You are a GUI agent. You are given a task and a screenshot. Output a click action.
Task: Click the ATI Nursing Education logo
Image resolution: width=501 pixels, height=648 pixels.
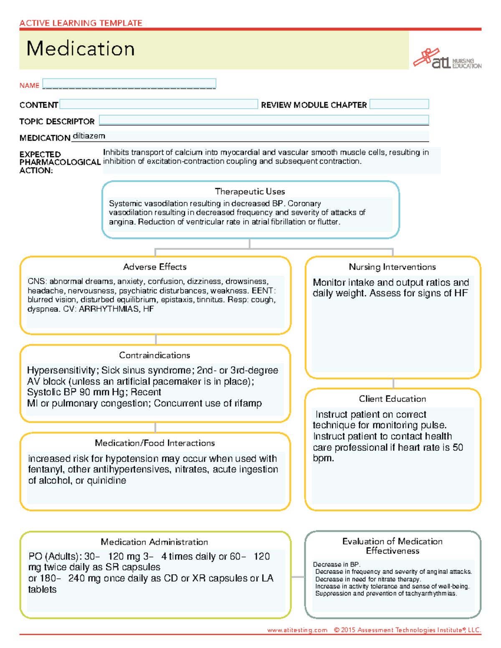[x=447, y=59]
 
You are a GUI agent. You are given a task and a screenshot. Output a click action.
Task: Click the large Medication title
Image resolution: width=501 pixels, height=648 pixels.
[x=81, y=49]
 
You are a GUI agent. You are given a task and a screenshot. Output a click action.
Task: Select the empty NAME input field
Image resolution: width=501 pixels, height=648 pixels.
[x=129, y=83]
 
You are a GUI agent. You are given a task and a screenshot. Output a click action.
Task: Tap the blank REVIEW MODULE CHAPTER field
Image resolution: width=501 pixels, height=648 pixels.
[x=399, y=104]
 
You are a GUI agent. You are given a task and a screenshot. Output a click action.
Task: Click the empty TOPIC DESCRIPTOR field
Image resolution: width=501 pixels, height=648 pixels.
[x=264, y=120]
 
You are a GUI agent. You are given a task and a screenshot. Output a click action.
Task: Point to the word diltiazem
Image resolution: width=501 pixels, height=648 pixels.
[x=89, y=136]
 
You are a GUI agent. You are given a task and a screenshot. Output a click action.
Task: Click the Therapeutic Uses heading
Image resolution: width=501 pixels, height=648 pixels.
[x=250, y=192]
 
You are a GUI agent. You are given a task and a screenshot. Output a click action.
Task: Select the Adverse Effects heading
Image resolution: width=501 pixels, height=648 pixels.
[x=155, y=267]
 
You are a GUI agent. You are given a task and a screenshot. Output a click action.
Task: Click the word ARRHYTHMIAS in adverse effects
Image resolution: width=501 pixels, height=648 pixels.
[x=109, y=309]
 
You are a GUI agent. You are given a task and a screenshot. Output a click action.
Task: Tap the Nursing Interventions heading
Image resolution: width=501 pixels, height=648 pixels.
[x=392, y=267]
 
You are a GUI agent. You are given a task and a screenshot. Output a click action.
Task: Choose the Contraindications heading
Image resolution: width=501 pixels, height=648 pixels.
[x=154, y=356]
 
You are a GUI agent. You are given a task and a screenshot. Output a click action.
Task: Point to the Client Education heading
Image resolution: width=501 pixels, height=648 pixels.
[x=392, y=399]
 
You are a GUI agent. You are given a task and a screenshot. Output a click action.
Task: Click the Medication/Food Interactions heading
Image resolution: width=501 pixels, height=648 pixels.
[x=155, y=443]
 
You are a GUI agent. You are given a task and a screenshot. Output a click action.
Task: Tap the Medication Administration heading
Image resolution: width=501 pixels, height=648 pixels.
[x=154, y=542]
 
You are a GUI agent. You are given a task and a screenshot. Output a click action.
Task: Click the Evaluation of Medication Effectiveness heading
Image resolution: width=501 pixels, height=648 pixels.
[x=392, y=546]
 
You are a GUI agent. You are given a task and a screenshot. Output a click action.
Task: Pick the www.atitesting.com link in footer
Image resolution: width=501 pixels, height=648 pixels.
[x=297, y=630]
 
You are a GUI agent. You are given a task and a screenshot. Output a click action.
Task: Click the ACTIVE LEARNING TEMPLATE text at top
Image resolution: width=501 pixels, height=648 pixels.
[x=81, y=23]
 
